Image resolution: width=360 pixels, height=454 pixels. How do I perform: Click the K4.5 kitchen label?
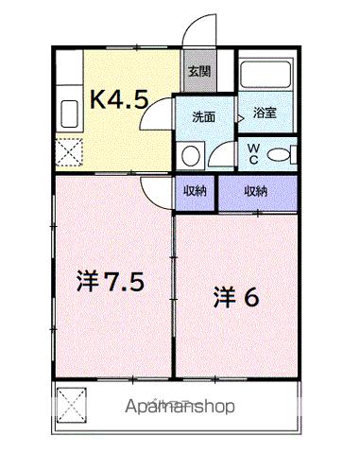(x=119, y=98)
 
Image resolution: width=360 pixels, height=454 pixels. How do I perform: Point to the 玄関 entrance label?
(x=197, y=70)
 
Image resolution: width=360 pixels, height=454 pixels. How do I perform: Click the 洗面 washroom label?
(x=203, y=117)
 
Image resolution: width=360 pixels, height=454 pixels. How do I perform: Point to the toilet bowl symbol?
(x=280, y=153)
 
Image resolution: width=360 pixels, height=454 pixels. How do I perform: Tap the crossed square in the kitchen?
(x=69, y=151)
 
